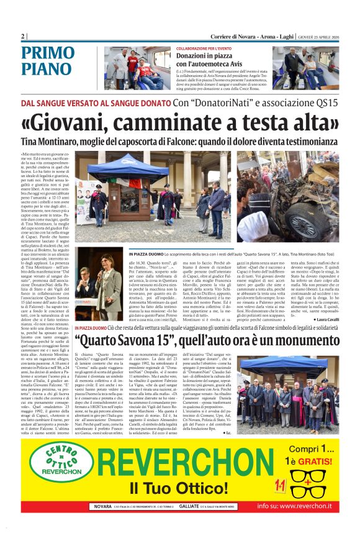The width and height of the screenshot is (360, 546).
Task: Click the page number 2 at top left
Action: [x=24, y=35]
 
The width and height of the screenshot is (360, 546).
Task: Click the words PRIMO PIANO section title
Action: [x=48, y=60]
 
